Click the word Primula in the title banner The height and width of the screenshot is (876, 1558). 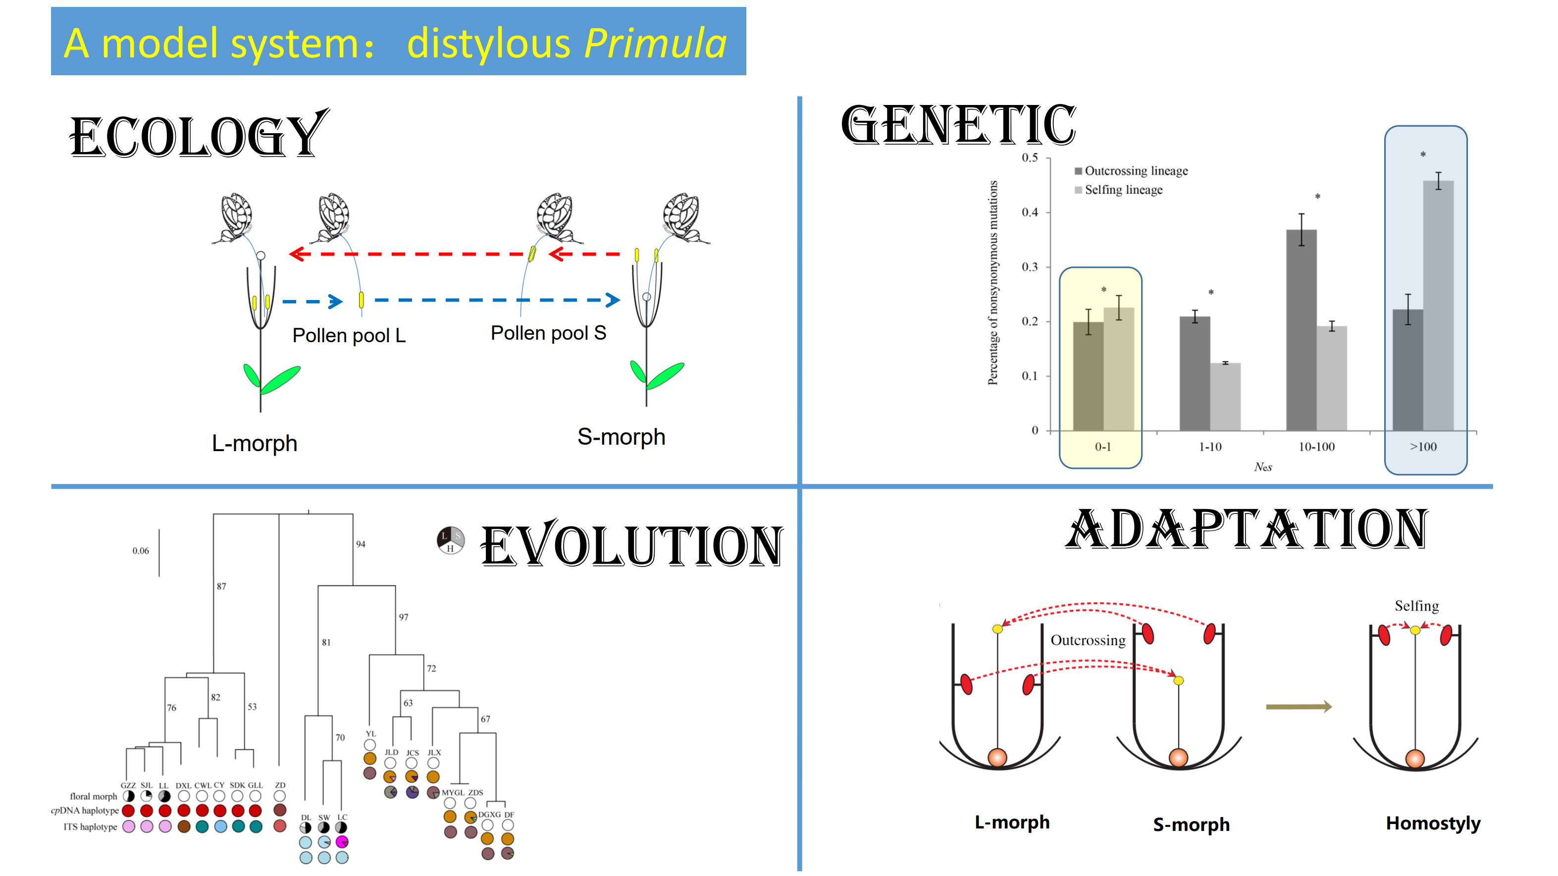click(x=656, y=44)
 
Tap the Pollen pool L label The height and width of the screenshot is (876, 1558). click(x=349, y=335)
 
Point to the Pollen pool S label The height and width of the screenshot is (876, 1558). click(x=548, y=333)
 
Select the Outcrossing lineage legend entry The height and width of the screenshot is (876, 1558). click(x=1131, y=171)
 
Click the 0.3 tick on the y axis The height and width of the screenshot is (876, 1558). click(x=1030, y=267)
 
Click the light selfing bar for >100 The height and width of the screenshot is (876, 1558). click(x=1438, y=306)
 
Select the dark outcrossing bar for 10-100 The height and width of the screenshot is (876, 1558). click(x=1301, y=330)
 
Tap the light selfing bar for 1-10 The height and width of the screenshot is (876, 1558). click(x=1225, y=397)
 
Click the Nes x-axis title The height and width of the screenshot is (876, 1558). click(x=1263, y=467)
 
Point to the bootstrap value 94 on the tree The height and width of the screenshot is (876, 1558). click(x=361, y=544)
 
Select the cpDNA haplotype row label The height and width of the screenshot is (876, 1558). click(x=85, y=811)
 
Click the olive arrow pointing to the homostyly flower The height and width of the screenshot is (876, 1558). click(x=1298, y=707)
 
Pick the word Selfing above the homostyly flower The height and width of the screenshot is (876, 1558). click(x=1416, y=606)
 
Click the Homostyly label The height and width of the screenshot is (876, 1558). click(x=1433, y=824)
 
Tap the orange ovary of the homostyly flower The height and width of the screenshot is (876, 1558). click(x=1415, y=758)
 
